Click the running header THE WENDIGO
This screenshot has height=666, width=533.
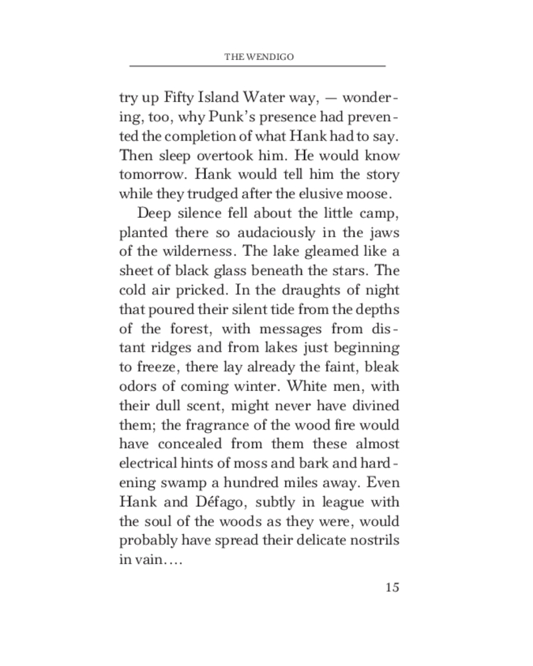pyautogui.click(x=259, y=57)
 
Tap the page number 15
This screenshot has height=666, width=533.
pyautogui.click(x=392, y=587)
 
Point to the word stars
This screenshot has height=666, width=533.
pyautogui.click(x=351, y=271)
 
